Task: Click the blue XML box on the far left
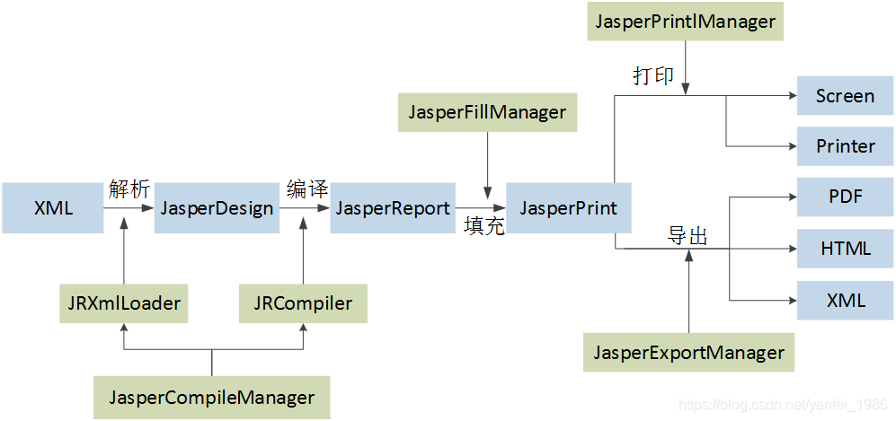tap(52, 208)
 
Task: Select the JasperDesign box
tap(217, 208)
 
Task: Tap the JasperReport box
tap(393, 208)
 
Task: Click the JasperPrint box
tap(568, 208)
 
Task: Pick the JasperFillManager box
tap(487, 112)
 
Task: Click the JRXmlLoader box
tap(124, 303)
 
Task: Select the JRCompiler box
tap(303, 303)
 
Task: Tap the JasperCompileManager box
tap(212, 397)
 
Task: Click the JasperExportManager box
tap(688, 352)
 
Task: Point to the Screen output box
tap(845, 96)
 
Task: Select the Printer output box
tap(845, 145)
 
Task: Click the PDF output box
tap(845, 196)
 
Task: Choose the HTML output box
tap(845, 248)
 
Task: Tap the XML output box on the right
tap(845, 300)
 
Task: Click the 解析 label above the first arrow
tap(129, 189)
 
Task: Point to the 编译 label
tap(306, 189)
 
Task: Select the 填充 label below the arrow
tap(483, 226)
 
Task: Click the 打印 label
tap(653, 76)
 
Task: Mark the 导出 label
tap(688, 236)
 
